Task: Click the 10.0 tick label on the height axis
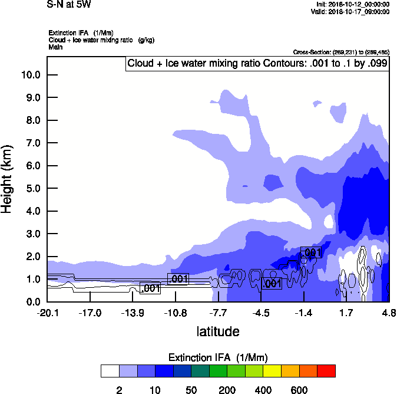click(30, 75)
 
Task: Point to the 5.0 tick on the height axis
click(32, 189)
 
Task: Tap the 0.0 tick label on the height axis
click(32, 302)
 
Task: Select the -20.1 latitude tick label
click(48, 312)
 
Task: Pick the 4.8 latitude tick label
click(389, 312)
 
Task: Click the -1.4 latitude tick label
click(304, 312)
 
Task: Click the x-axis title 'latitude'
click(218, 331)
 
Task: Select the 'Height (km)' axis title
click(7, 178)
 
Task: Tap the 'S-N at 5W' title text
click(69, 5)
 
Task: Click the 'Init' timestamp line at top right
click(352, 5)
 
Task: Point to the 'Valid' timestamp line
click(352, 11)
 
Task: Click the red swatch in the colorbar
click(326, 371)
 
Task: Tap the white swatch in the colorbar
click(110, 371)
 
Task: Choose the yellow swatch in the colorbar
click(272, 371)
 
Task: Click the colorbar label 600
click(299, 390)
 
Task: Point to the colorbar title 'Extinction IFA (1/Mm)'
click(218, 357)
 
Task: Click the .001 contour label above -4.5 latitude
click(272, 284)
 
